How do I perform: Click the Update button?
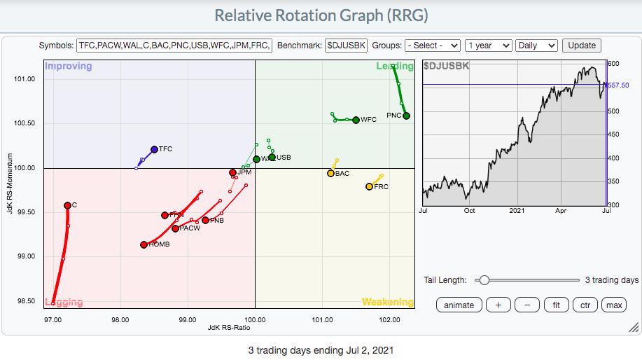[x=581, y=46]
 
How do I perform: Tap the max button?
[x=614, y=305]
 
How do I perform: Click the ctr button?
[x=584, y=305]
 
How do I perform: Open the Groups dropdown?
[x=433, y=46]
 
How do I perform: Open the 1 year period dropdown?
[x=487, y=46]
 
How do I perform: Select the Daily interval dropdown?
[x=536, y=46]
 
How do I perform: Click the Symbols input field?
[x=174, y=46]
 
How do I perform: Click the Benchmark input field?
[x=346, y=46]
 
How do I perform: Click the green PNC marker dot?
[x=406, y=116]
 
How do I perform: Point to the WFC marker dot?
[x=356, y=120]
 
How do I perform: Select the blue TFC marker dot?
[x=154, y=149]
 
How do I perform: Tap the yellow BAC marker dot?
[x=330, y=173]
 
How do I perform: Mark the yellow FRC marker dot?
[x=369, y=186]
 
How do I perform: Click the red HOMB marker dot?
[x=144, y=244]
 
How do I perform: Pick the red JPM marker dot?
[x=232, y=172]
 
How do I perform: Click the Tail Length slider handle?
[x=483, y=280]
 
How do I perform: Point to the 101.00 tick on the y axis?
[x=24, y=78]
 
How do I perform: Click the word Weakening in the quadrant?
[x=387, y=302]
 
